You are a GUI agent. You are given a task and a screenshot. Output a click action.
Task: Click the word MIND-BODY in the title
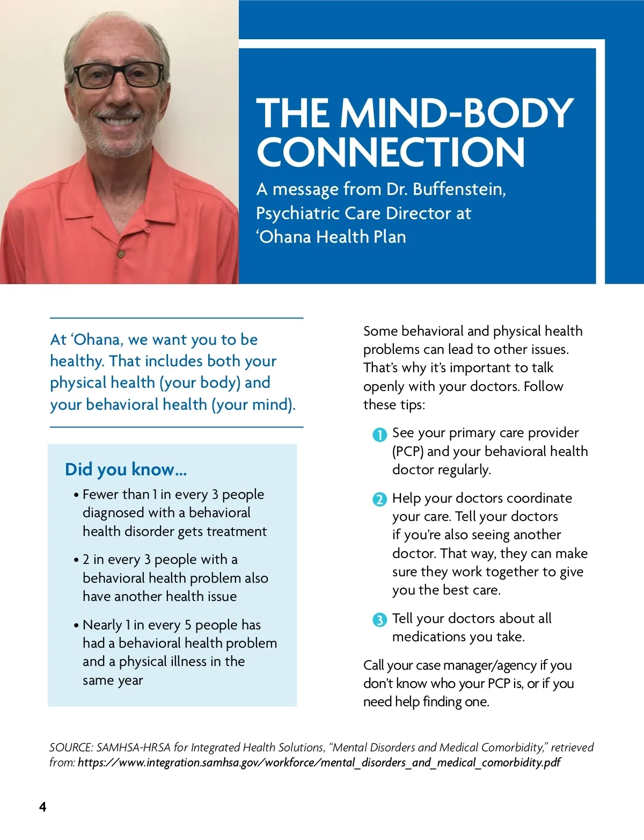(x=457, y=113)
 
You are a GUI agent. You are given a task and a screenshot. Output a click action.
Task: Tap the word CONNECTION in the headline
(x=391, y=152)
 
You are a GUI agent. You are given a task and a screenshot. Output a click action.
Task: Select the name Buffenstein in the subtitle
(x=459, y=189)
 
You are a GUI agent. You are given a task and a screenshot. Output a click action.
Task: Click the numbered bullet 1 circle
(x=379, y=435)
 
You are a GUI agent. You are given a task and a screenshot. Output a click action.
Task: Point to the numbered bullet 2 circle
(x=379, y=499)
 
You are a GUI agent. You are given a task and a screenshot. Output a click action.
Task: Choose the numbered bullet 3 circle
(x=379, y=620)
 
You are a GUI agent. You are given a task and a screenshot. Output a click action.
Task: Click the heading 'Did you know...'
(x=126, y=469)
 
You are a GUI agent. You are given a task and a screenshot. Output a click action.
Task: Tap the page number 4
(x=43, y=807)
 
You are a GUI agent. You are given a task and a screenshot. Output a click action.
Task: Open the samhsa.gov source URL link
(x=319, y=763)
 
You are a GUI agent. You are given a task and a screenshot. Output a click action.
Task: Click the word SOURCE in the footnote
(x=71, y=748)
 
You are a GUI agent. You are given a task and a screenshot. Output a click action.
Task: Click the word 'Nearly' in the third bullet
(x=102, y=625)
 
